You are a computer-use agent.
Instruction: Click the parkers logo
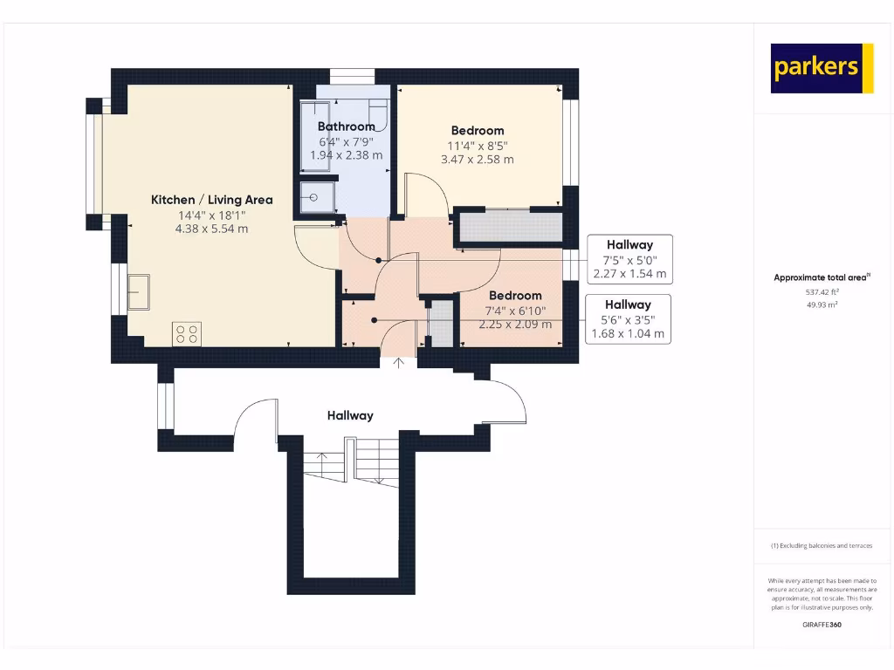point(822,68)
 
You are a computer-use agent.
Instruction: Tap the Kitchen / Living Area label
point(212,200)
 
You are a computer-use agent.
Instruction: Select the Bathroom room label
point(346,126)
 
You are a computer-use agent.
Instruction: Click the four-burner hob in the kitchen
point(187,334)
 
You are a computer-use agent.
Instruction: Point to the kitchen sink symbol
point(139,291)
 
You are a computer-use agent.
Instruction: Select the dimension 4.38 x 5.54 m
point(212,229)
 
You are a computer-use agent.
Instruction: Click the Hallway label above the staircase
point(350,416)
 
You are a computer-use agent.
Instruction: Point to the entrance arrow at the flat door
point(400,363)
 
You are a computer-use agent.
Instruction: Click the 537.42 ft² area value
point(822,293)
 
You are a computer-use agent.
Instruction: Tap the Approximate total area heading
point(822,277)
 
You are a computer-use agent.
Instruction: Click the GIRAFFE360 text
point(822,625)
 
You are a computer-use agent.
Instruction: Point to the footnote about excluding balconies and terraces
point(822,545)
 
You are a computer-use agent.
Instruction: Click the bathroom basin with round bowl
point(313,197)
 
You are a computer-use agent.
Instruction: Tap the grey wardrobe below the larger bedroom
point(509,227)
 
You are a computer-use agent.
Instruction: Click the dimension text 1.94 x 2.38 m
point(346,155)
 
